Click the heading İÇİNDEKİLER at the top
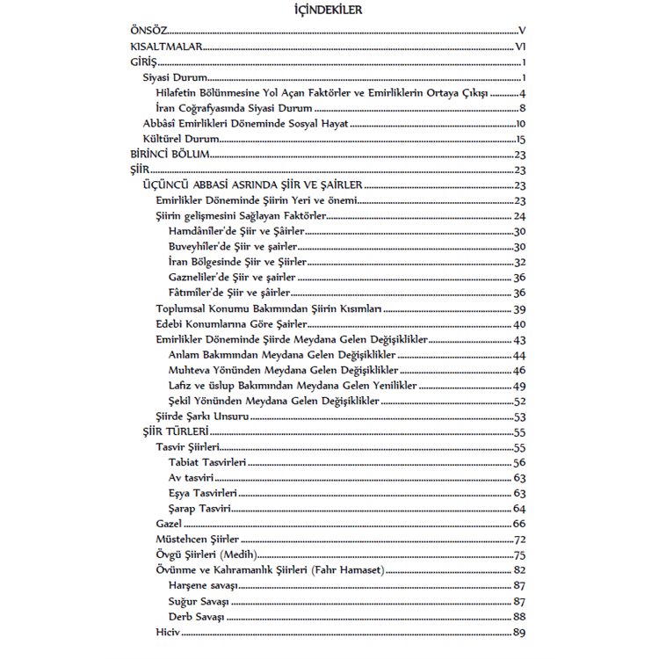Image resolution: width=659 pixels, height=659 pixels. (x=330, y=11)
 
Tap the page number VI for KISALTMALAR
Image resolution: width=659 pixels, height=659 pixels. (x=520, y=47)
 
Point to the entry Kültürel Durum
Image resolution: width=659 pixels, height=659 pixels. (x=181, y=138)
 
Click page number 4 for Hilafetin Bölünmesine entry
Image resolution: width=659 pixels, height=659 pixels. (x=522, y=93)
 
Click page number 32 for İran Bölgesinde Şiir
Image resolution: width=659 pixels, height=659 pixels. (x=519, y=262)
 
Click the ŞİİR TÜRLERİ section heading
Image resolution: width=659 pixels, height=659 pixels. (x=175, y=432)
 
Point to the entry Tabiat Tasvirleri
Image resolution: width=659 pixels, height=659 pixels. (x=207, y=463)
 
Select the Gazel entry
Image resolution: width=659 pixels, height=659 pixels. (x=170, y=524)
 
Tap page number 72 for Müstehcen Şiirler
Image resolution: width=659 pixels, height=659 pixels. (x=519, y=540)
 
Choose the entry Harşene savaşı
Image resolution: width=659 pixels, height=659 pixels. (x=205, y=586)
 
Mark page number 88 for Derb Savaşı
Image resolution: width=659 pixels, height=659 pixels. (x=519, y=617)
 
